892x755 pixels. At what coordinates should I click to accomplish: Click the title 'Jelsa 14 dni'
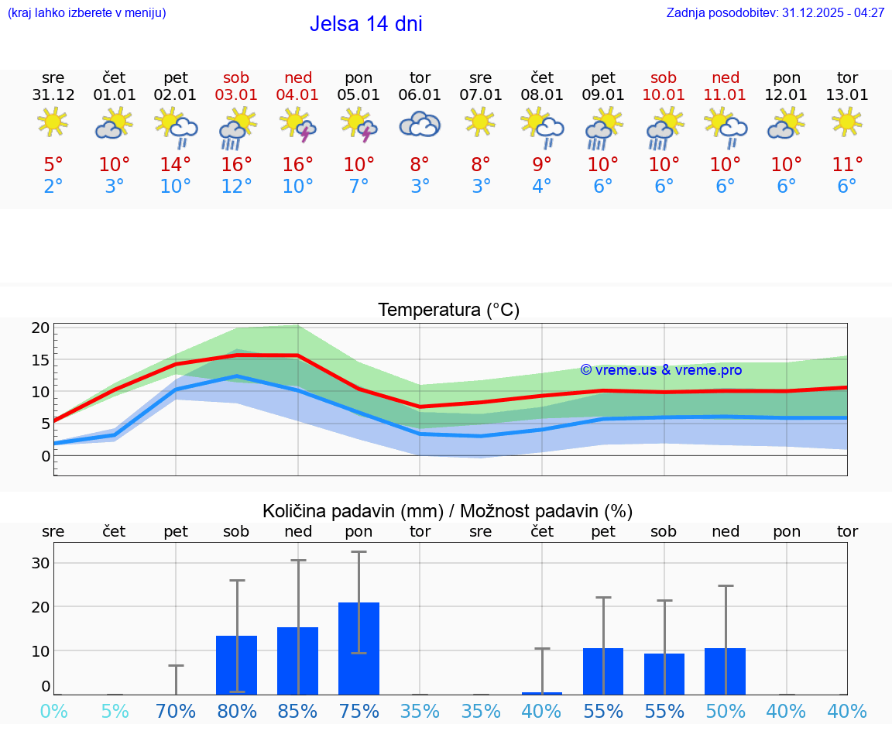tap(365, 24)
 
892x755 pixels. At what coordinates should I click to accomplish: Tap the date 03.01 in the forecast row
tap(236, 95)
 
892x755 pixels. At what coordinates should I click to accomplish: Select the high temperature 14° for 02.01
tap(176, 165)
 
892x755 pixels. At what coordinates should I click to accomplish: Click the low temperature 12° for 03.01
tap(236, 187)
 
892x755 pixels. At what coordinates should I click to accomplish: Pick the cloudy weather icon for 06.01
tap(420, 125)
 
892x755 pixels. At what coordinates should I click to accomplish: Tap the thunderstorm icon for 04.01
tap(298, 125)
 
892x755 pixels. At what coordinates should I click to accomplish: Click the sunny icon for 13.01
tap(847, 122)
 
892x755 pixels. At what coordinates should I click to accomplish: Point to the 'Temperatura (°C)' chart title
tap(448, 311)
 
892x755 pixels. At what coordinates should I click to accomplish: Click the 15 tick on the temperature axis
tap(41, 360)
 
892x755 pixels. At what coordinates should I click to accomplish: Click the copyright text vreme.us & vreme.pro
tap(660, 370)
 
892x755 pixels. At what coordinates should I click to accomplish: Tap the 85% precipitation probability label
tap(298, 712)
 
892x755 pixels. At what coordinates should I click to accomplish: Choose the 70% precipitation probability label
tap(176, 712)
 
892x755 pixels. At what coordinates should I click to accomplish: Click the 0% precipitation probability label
tap(53, 712)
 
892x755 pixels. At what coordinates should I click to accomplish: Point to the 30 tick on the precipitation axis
tap(41, 563)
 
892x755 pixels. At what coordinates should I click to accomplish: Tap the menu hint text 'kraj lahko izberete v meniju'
tap(86, 13)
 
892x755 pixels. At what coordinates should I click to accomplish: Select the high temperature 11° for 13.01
tap(847, 165)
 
